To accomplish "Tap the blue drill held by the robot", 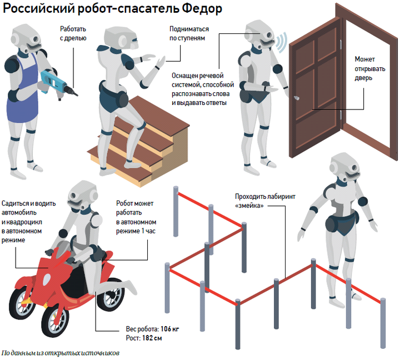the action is point(55,81).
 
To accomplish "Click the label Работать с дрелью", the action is point(72,33).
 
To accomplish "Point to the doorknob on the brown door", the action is point(296,98).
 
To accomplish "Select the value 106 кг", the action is point(168,329).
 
